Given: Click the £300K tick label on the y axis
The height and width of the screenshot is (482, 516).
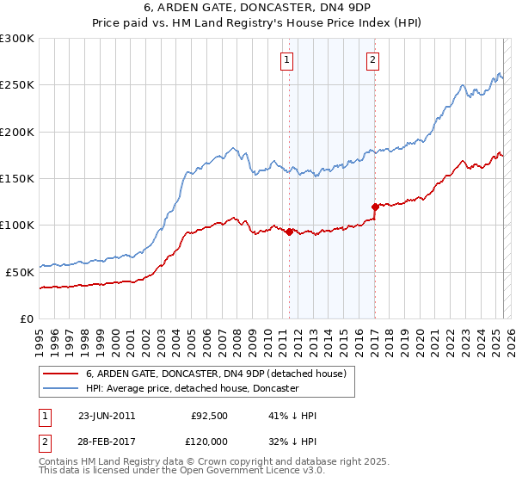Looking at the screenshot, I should (17, 39).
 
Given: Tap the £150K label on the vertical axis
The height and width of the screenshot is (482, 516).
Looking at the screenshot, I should (17, 179).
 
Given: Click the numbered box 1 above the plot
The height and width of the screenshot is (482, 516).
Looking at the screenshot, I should (286, 59).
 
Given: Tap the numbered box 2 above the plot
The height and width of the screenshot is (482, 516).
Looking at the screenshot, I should (373, 59).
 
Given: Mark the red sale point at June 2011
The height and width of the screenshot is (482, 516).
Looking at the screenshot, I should (289, 232).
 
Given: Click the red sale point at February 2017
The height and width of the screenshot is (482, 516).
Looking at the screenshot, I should (375, 207).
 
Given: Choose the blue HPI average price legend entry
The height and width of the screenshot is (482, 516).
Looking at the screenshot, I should (191, 389).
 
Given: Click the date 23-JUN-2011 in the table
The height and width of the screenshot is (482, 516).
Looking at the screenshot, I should (107, 416).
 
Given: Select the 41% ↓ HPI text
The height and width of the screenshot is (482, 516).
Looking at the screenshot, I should (292, 416).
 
